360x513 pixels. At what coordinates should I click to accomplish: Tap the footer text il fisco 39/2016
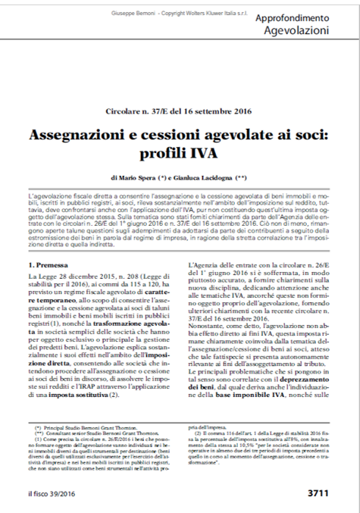click(51, 493)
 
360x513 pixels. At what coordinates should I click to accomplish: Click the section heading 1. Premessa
click(49, 267)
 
